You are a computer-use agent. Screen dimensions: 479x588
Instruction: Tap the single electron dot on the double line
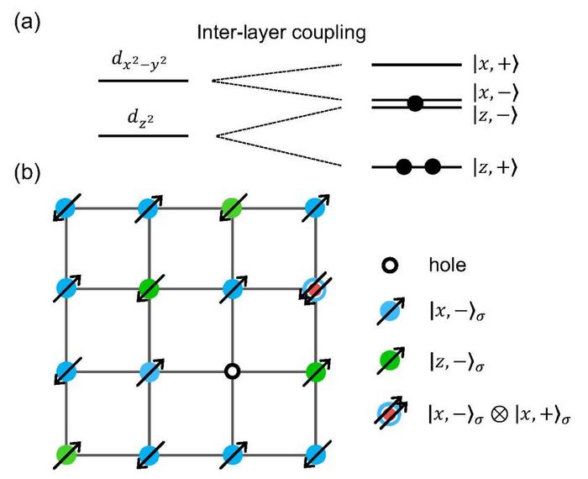pos(414,104)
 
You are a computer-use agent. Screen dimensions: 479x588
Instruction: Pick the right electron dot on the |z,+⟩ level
pos(433,166)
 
